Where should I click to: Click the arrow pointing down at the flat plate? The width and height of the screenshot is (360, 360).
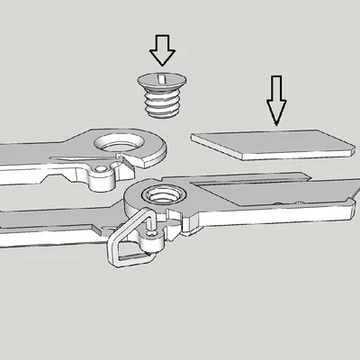click(276, 99)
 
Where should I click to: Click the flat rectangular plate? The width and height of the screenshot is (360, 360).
click(270, 141)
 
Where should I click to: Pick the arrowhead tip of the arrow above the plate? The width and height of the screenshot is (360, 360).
click(276, 122)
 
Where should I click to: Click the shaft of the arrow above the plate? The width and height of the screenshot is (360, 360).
click(276, 90)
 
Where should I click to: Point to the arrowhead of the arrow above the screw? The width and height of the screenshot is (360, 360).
click(162, 58)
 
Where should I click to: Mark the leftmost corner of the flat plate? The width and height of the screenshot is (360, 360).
click(193, 137)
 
